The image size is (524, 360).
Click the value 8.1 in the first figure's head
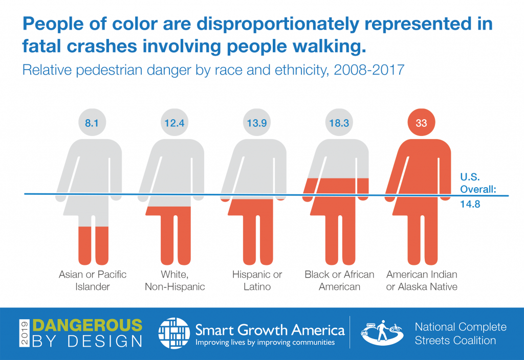93,123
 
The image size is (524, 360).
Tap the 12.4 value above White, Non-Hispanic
175,123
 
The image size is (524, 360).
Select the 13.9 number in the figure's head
257,123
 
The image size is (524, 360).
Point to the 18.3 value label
340,123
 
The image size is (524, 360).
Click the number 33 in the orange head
422,123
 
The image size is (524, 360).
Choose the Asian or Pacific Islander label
93,280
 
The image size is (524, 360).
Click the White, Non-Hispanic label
175,280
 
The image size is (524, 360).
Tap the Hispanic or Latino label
257,280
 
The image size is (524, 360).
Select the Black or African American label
340,280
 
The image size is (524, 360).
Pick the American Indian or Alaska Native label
422,280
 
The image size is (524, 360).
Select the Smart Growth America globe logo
174,333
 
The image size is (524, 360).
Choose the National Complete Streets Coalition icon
380,333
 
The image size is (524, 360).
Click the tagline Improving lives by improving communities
266,342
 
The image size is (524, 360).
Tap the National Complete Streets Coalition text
461,333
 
